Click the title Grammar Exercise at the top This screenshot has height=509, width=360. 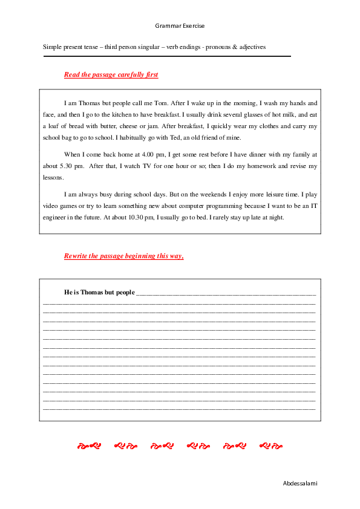(180, 26)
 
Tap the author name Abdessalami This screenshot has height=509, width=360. (300, 483)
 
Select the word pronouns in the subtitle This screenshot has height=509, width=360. (222, 47)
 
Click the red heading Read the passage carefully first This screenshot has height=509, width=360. (111, 74)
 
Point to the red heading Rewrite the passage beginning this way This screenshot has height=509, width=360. (123, 256)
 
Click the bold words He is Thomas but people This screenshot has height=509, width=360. (99, 293)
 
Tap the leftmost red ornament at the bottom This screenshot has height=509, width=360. (88, 446)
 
